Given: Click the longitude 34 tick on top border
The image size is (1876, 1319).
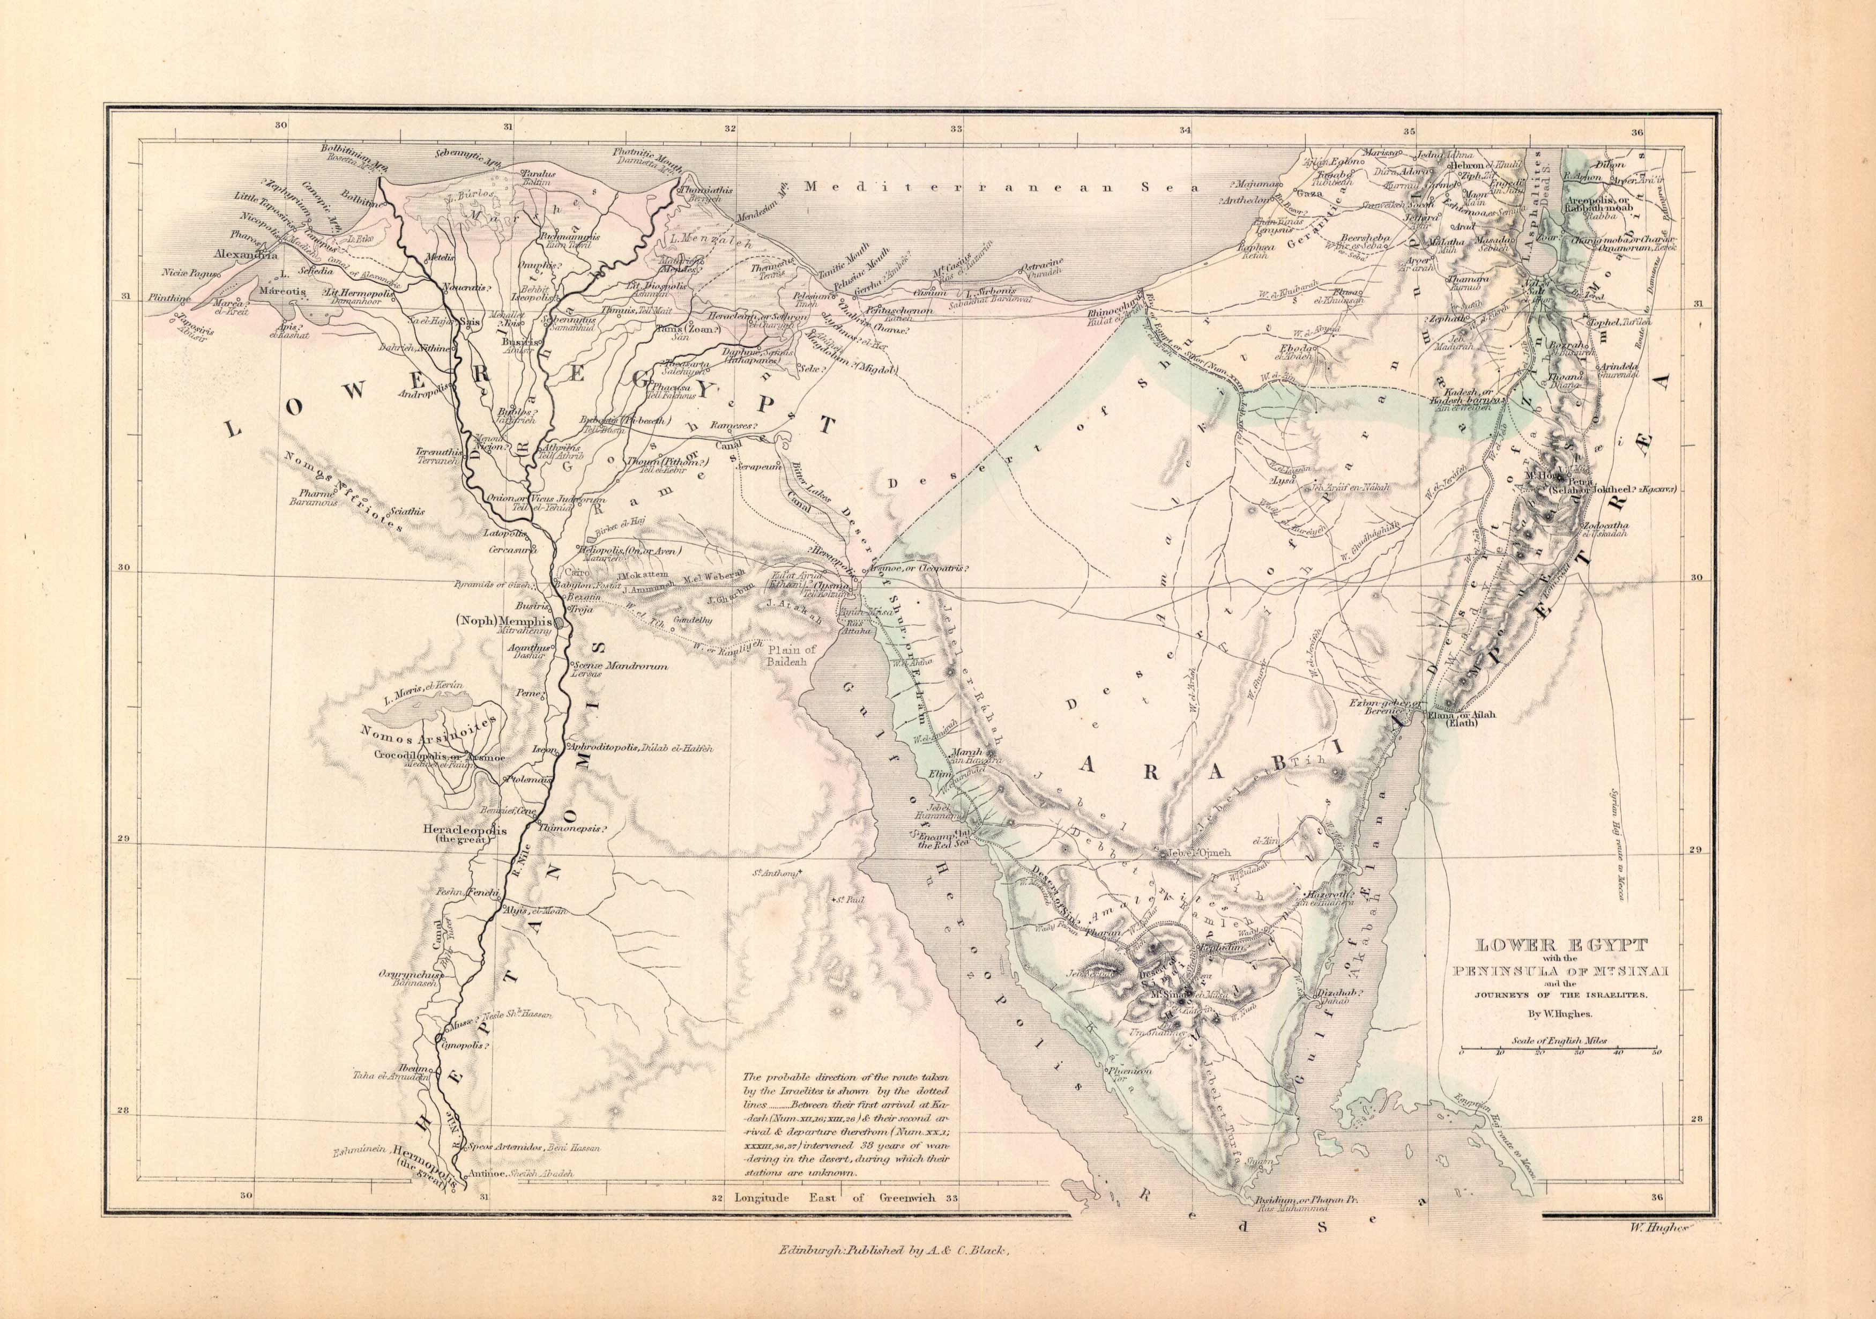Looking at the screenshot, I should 1185,129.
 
